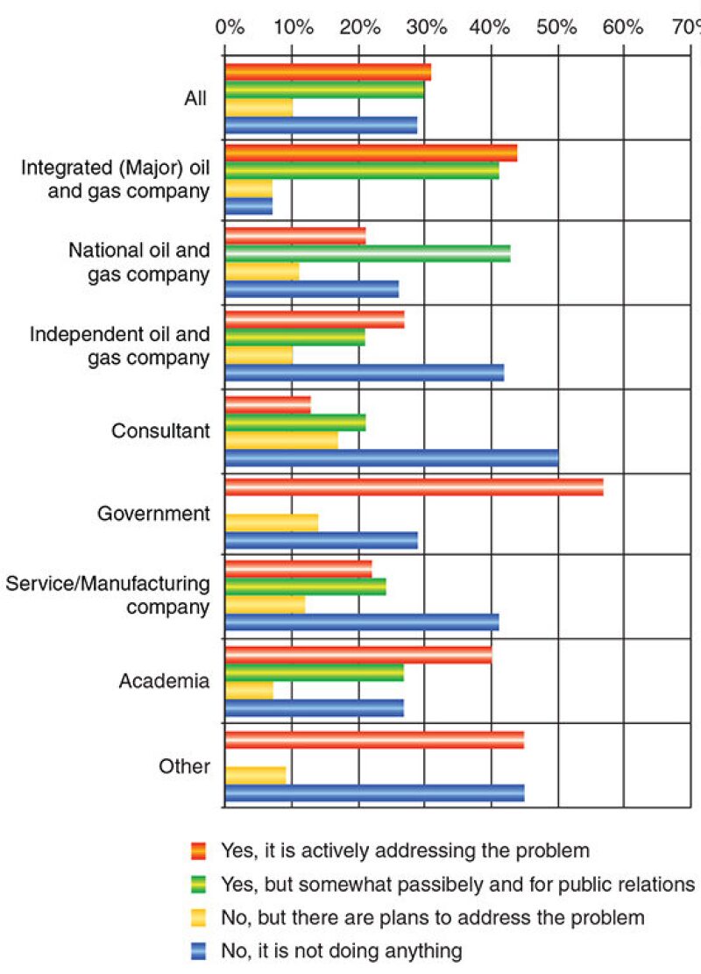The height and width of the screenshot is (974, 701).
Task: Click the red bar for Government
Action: pos(414,487)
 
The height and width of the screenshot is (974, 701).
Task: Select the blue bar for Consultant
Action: pos(392,459)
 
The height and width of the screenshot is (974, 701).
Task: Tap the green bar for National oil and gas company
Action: pos(368,253)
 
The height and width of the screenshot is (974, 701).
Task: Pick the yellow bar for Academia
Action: pos(249,690)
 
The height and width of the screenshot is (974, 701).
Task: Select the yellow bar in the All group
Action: pos(259,107)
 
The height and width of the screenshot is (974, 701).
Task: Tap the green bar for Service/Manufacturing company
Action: pos(306,587)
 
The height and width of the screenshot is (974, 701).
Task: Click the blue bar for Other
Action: pos(374,793)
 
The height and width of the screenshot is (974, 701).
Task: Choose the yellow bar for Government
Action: pos(272,523)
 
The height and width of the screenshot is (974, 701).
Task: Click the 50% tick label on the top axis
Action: pos(556,27)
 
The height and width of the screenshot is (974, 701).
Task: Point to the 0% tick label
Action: pos(230,27)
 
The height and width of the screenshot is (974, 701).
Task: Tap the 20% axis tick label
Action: pos(360,27)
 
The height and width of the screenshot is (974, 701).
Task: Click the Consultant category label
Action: pos(160,431)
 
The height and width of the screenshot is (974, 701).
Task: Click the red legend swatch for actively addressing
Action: pos(199,850)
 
